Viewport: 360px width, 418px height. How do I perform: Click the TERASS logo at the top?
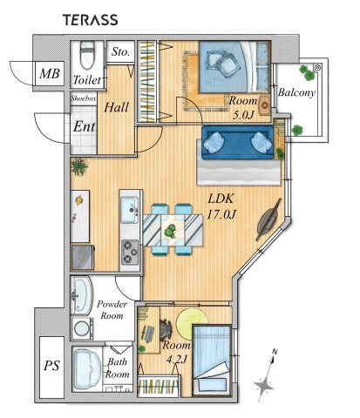(x=91, y=20)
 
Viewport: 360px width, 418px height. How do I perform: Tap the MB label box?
(x=50, y=73)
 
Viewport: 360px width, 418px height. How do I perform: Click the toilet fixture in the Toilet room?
(x=87, y=55)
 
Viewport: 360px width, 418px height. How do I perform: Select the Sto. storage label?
(x=120, y=52)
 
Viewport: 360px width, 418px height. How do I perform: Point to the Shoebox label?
(x=84, y=98)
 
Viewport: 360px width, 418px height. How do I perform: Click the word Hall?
(x=116, y=107)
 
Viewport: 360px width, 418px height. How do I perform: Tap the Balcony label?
(x=296, y=92)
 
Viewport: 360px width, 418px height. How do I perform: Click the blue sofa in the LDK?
(x=238, y=142)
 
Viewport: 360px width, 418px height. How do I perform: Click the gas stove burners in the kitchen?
(x=130, y=252)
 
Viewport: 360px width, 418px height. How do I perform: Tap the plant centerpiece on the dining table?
(x=171, y=232)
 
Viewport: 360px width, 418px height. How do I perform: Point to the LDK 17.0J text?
(x=221, y=206)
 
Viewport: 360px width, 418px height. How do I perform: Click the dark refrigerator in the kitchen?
(x=83, y=257)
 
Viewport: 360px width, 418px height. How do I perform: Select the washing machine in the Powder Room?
(x=82, y=328)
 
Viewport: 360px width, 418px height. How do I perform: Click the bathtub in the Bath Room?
(x=87, y=369)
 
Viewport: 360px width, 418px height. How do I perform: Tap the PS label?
(x=51, y=365)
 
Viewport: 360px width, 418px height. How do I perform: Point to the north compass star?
(x=264, y=386)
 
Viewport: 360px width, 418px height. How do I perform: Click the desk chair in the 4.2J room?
(x=166, y=330)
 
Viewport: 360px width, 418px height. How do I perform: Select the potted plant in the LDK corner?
(x=79, y=166)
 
